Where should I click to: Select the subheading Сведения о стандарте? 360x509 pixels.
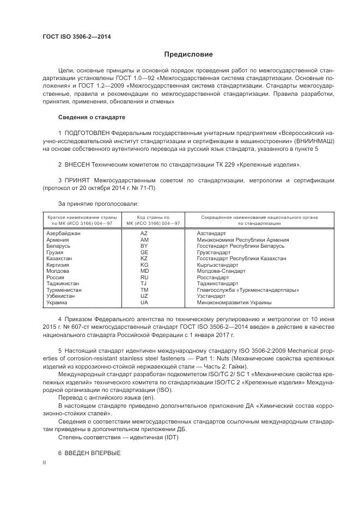click(x=91, y=117)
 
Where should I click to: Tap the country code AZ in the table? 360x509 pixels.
click(x=144, y=233)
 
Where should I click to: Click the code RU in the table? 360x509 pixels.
click(x=144, y=277)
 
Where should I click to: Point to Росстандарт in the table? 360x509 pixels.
click(x=213, y=277)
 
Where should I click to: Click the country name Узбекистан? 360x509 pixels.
click(x=63, y=296)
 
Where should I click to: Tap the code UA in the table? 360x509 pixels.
click(x=144, y=302)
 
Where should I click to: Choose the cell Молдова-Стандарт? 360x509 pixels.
click(x=221, y=271)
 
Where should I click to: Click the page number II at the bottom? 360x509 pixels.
click(x=44, y=462)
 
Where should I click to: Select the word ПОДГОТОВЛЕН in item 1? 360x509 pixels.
click(x=87, y=133)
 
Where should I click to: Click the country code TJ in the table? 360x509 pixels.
click(x=144, y=283)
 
